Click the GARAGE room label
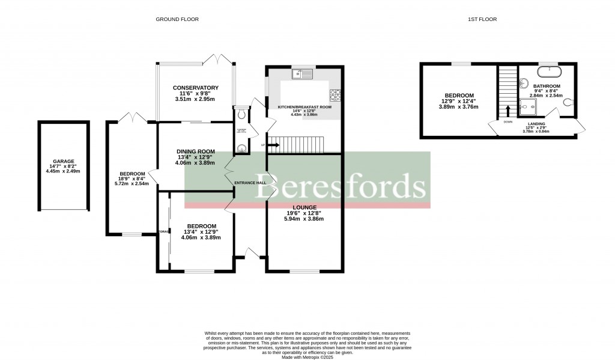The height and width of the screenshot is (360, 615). point(63,161)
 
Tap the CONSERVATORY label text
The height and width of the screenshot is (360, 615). point(195,87)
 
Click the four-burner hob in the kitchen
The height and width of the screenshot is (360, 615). point(335,94)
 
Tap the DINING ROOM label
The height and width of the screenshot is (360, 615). point(195,151)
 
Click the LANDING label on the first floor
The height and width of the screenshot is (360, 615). point(537,123)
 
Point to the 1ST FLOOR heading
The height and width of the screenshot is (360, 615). point(482,19)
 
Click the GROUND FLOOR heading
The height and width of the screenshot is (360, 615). point(177,19)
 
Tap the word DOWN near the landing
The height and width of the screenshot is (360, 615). point(508,121)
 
